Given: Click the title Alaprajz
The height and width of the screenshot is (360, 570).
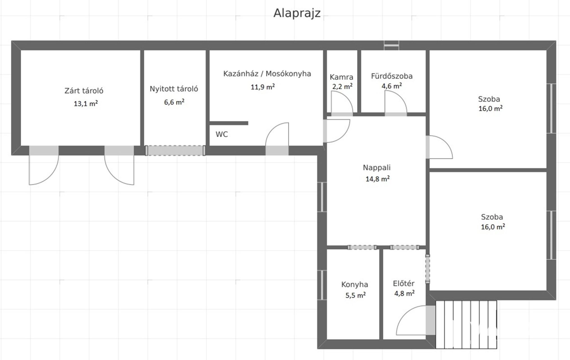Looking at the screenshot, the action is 297,13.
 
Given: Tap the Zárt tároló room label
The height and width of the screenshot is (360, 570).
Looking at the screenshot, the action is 84,91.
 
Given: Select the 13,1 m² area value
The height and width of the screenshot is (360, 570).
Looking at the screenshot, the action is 86,103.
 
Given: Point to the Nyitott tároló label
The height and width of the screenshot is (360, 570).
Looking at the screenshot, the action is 174,89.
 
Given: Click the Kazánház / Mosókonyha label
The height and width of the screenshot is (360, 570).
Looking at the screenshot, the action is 267,74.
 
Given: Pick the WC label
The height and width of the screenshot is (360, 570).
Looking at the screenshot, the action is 222,134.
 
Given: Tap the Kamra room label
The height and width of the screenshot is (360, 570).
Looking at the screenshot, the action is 341,77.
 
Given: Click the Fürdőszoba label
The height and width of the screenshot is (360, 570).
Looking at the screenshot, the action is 392,76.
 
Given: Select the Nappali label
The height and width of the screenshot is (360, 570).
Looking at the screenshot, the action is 377,168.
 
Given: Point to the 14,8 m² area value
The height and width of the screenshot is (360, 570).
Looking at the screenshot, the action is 378,179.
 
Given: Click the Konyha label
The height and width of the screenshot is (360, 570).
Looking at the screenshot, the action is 355,284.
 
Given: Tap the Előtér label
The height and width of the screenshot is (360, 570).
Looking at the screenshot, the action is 404,283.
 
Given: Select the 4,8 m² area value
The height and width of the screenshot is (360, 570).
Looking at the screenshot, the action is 404,294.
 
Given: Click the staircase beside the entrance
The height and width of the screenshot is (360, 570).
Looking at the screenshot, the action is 466,325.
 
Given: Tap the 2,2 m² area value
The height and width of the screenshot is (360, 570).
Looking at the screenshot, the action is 342,86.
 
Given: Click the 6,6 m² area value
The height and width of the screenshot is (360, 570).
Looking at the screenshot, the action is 174,102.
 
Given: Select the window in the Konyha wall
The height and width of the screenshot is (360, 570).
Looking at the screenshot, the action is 322,285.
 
